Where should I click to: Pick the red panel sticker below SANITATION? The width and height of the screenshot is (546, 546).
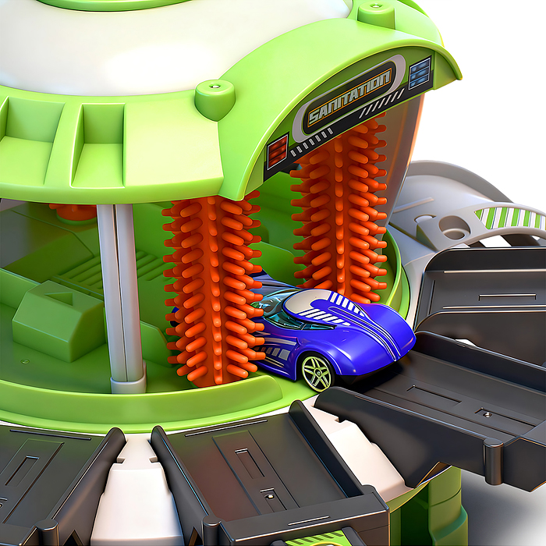(x=278, y=151)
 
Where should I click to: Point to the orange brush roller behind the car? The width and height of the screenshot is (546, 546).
(x=339, y=209)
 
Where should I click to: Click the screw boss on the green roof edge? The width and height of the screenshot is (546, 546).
(x=214, y=97)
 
